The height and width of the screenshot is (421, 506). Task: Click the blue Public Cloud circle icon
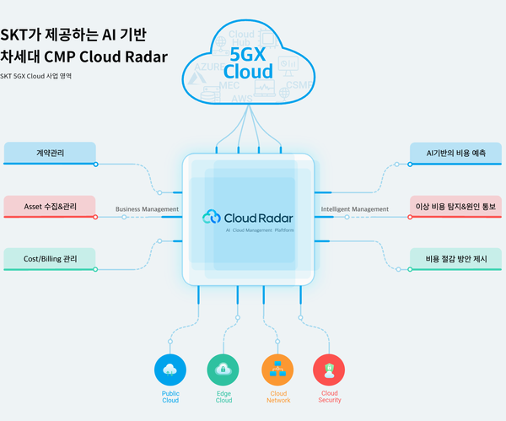click(170, 369)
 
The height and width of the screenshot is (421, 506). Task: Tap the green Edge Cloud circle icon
click(223, 369)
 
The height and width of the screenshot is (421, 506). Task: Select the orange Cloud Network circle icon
click(277, 369)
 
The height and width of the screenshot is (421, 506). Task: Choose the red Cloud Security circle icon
click(329, 369)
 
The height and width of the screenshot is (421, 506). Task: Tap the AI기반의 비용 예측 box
click(455, 153)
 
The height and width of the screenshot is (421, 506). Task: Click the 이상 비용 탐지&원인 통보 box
click(455, 206)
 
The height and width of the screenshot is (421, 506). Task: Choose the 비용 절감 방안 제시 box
click(455, 259)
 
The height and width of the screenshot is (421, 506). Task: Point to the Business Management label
click(147, 209)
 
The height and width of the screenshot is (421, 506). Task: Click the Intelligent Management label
click(355, 209)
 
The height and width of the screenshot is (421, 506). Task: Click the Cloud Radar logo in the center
click(249, 217)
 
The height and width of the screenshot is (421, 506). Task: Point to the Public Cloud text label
click(170, 397)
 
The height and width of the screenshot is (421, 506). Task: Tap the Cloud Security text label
click(330, 397)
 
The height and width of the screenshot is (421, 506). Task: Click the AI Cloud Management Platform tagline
click(261, 229)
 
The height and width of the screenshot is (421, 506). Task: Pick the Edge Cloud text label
click(223, 397)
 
